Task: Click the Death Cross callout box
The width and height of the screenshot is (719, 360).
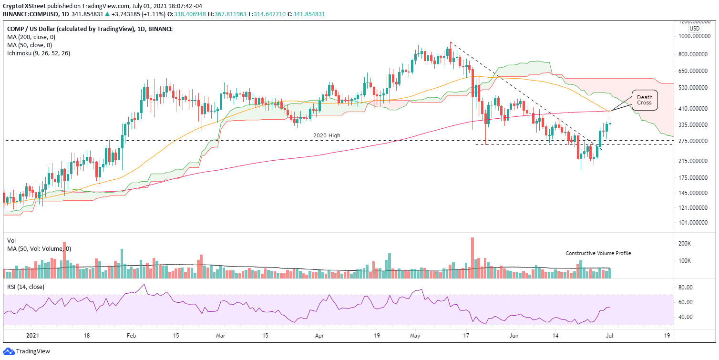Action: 645,100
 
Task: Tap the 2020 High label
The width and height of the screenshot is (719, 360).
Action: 327,136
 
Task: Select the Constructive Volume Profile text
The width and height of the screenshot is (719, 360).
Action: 598,253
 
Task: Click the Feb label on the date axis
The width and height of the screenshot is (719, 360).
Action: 132,336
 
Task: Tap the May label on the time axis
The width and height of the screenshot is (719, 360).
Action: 415,336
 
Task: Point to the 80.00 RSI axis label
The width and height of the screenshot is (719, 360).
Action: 685,288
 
